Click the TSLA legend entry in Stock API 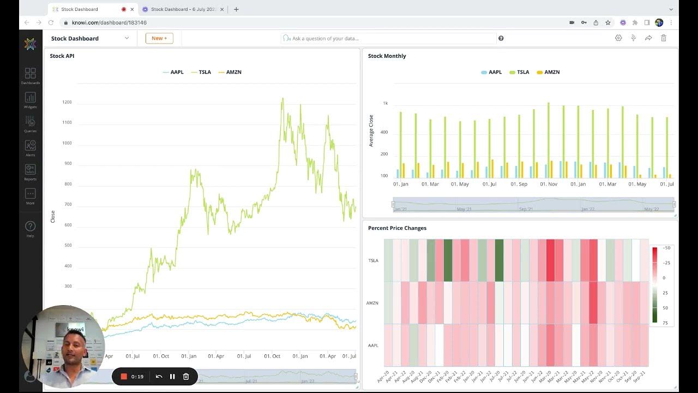click(201, 72)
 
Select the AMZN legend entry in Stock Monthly click(549, 72)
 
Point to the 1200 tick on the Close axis click(67, 102)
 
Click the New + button click(159, 38)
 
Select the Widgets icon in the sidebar click(30, 98)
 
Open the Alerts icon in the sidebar click(30, 146)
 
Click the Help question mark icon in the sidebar click(30, 226)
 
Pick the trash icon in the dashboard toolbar click(664, 38)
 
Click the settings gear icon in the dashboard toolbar click(618, 38)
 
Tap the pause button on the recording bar click(172, 377)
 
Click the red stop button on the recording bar click(124, 377)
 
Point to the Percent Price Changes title click(397, 228)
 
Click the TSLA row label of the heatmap click(373, 260)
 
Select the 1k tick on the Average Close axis click(385, 103)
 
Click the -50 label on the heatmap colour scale click(666, 248)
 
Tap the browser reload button click(51, 22)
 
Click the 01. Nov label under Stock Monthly click(549, 184)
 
